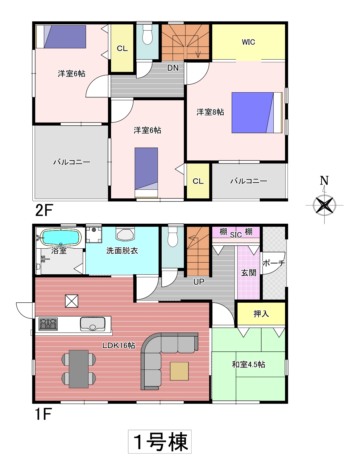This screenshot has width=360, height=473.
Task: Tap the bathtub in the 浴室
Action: pos(61,237)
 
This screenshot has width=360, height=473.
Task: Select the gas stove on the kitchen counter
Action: pos(48,324)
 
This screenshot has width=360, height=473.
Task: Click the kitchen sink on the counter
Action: pos(93,324)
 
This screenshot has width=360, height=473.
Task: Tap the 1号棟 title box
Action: pos(160,442)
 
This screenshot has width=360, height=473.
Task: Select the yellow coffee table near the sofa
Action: pos(179,371)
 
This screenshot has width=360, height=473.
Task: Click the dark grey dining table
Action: pos(79,369)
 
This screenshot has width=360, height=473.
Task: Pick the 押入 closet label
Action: pos(261,314)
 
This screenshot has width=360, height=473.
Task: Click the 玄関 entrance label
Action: pos(249,273)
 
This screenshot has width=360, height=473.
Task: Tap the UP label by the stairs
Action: pos(199,282)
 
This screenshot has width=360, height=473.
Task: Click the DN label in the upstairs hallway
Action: pos(173,68)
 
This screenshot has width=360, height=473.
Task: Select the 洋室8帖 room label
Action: pos(210,112)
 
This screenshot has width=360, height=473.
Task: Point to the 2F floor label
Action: pos(44,210)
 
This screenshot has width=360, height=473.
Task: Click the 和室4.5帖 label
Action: pos(248,364)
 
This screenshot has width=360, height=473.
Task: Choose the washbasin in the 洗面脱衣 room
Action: pos(125,234)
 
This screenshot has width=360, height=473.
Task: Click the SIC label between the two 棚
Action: pos(236,235)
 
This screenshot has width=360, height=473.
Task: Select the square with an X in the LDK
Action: pos(72,301)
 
